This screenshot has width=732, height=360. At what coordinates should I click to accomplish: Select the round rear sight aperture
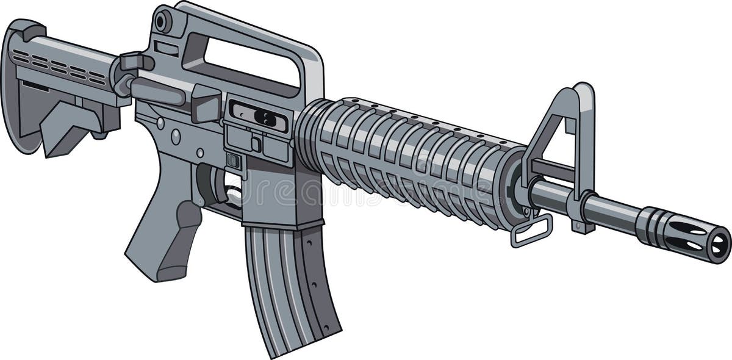coord(162,23)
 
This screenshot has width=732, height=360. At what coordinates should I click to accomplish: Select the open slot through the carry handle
coord(250,61)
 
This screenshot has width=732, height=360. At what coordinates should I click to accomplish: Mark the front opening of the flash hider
coord(720,244)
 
